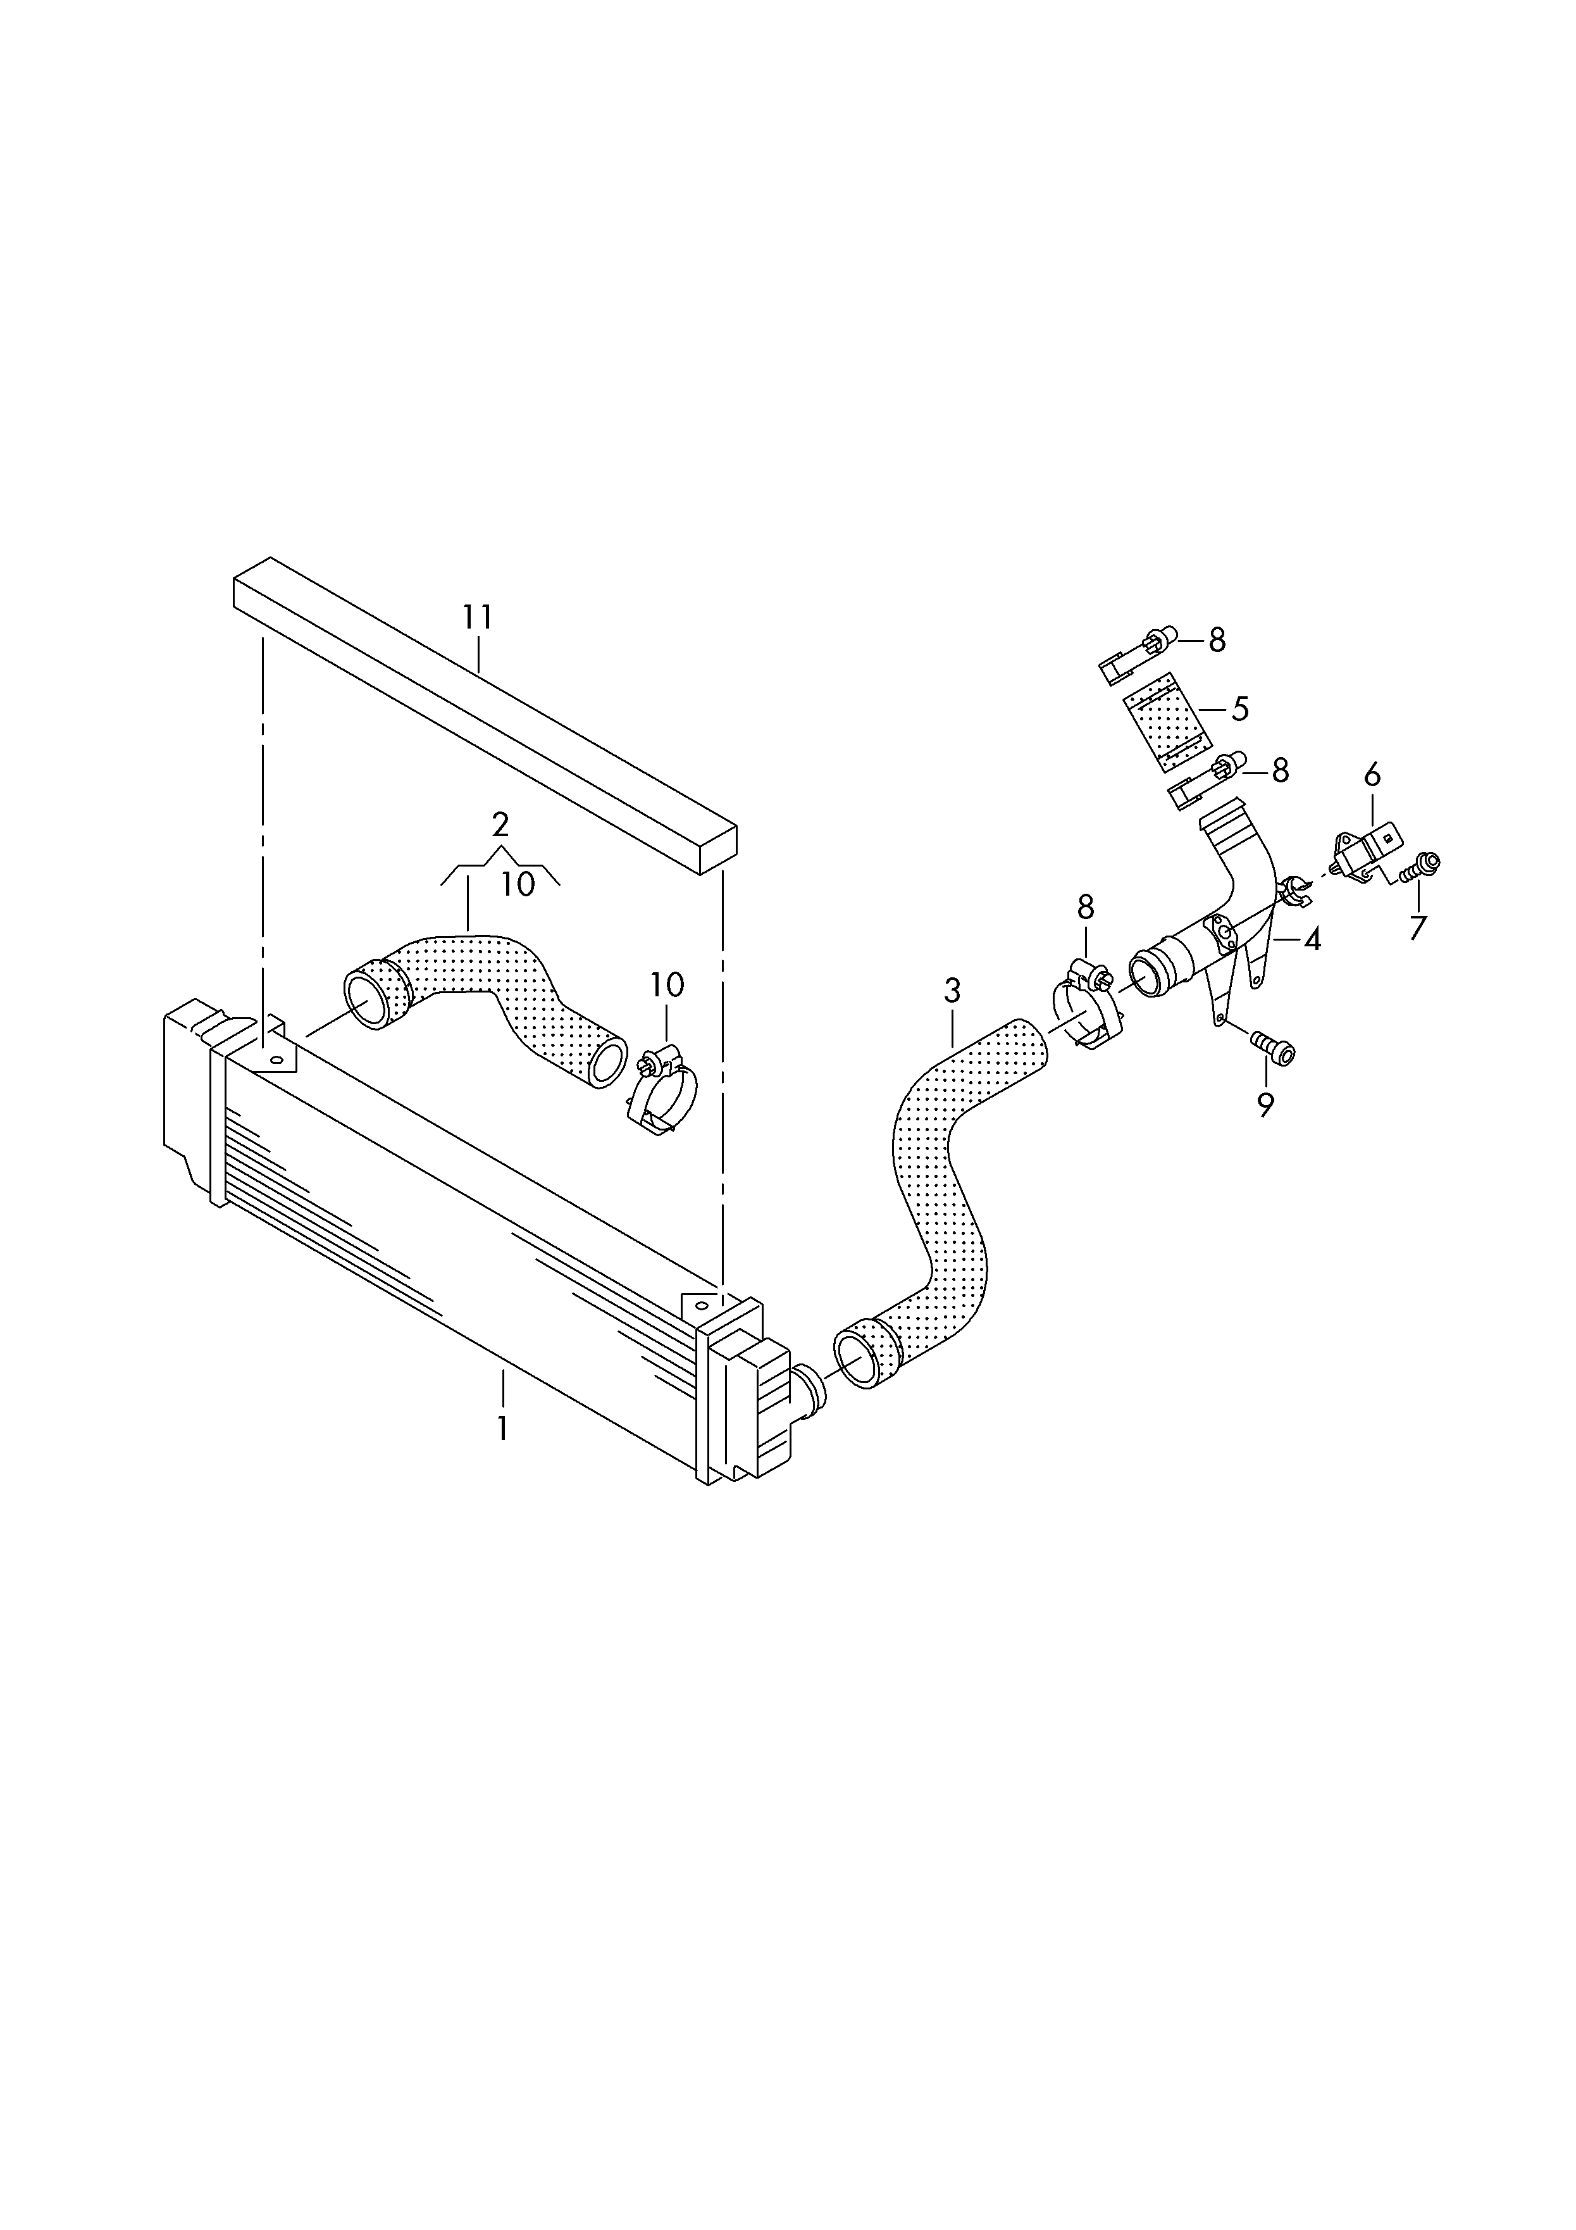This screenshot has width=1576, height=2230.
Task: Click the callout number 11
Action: pos(478,618)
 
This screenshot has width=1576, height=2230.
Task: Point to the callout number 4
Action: pos(1313,939)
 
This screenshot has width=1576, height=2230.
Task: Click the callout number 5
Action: pos(1240,709)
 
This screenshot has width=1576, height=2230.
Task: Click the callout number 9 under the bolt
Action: pos(1265,1105)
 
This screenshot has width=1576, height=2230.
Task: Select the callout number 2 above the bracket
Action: pos(500,825)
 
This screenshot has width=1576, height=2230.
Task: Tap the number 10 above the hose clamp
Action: pos(667,985)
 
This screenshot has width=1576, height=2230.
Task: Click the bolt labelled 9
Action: pos(1273,1047)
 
